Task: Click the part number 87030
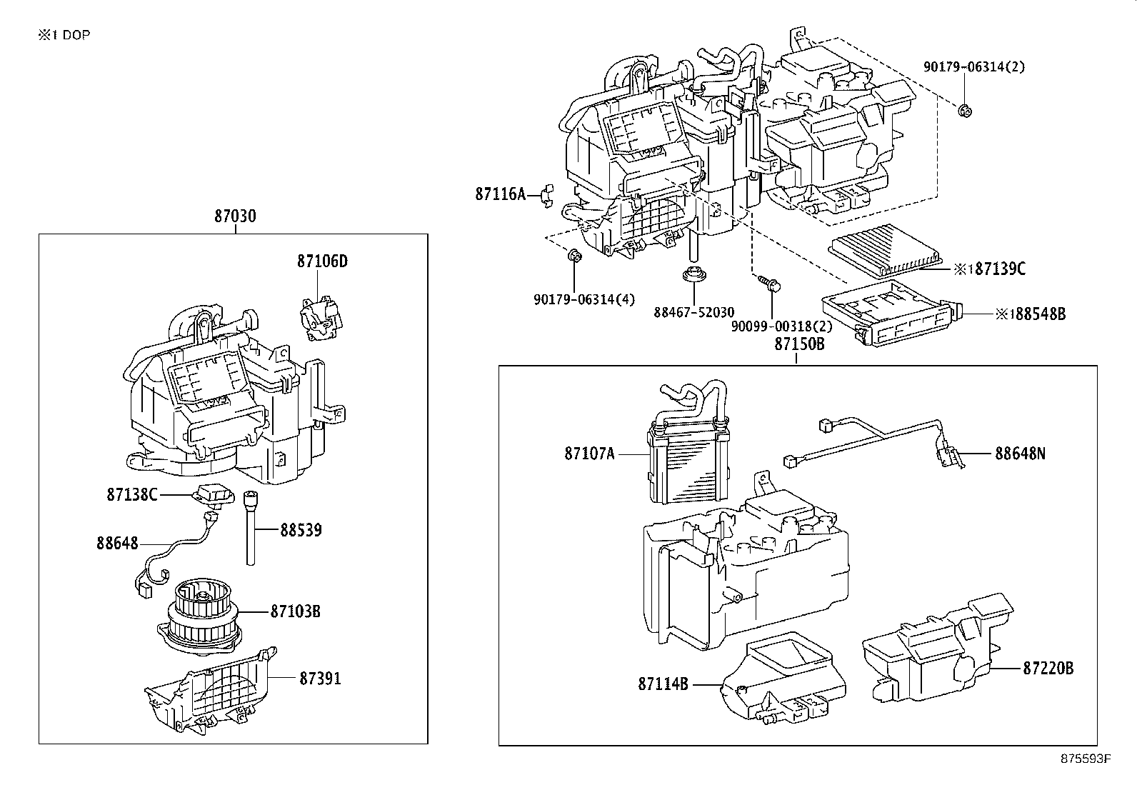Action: [235, 216]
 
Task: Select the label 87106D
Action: [322, 261]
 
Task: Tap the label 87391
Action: [320, 678]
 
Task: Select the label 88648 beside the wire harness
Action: [117, 544]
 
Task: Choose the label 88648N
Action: [1020, 453]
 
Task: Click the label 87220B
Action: [1048, 669]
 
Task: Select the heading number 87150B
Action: [799, 344]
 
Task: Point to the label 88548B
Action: [1040, 314]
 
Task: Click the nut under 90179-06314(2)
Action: [964, 110]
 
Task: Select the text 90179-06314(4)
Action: [583, 300]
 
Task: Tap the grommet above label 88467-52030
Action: [693, 274]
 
